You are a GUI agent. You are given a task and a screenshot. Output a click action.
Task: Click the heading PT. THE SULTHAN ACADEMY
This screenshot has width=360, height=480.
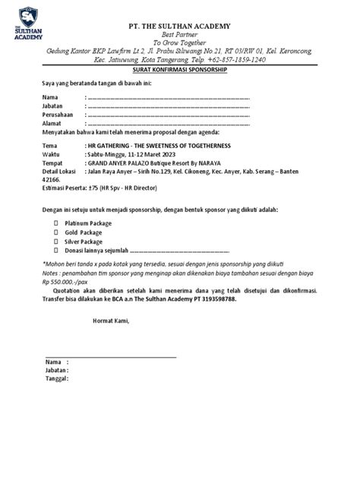179,27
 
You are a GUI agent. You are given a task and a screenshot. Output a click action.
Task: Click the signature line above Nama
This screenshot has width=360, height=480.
110,356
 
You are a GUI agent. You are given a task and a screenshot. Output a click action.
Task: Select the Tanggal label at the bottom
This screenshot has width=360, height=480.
56,378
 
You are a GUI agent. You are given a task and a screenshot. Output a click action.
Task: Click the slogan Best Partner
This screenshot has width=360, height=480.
179,36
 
